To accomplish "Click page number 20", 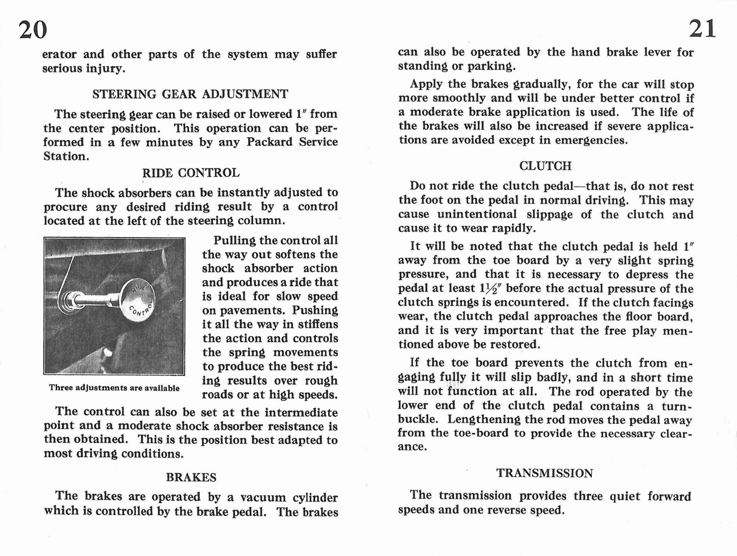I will pyautogui.click(x=33, y=30).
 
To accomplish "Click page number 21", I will pyautogui.click(x=702, y=29).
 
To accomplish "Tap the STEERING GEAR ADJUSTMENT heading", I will pyautogui.click(x=190, y=94).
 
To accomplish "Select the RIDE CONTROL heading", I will pyautogui.click(x=191, y=173).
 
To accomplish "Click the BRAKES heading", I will pyautogui.click(x=191, y=477).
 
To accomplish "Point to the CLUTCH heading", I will pyautogui.click(x=545, y=166).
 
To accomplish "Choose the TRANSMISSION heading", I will pyautogui.click(x=544, y=473).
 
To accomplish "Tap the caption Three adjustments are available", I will pyautogui.click(x=114, y=388).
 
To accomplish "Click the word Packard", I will pyautogui.click(x=269, y=142).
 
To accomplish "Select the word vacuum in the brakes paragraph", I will pyautogui.click(x=263, y=498).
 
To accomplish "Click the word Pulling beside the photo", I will pyautogui.click(x=234, y=240).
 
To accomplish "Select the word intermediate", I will pyautogui.click(x=301, y=412).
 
